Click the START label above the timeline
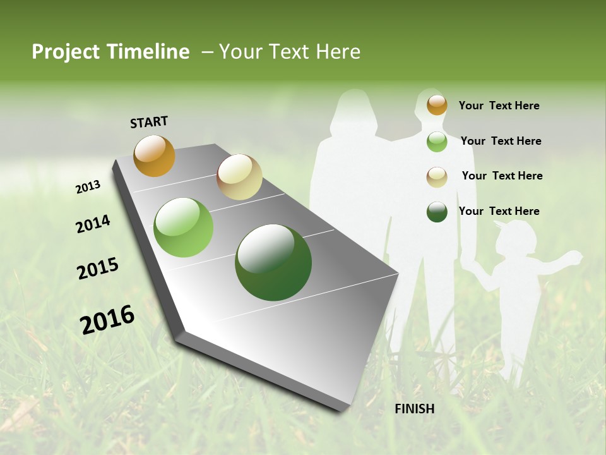pyautogui.click(x=149, y=122)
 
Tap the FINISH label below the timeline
pyautogui.click(x=414, y=409)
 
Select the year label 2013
pyautogui.click(x=88, y=187)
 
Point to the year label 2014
pyautogui.click(x=93, y=224)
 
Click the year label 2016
pyautogui.click(x=107, y=320)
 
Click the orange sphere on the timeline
pyautogui.click(x=154, y=155)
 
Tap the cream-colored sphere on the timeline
pyautogui.click(x=239, y=177)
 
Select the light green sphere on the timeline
pyautogui.click(x=184, y=227)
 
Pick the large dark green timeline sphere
pyautogui.click(x=273, y=262)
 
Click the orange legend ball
pyautogui.click(x=437, y=105)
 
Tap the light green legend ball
pyautogui.click(x=437, y=142)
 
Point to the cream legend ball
pyautogui.click(x=437, y=177)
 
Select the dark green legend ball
pyautogui.click(x=437, y=212)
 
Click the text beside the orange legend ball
pyautogui.click(x=499, y=106)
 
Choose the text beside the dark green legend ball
pyautogui.click(x=499, y=211)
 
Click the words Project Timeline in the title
pyautogui.click(x=110, y=52)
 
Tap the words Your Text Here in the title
pyautogui.click(x=290, y=52)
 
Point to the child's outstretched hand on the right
pyautogui.click(x=574, y=257)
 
